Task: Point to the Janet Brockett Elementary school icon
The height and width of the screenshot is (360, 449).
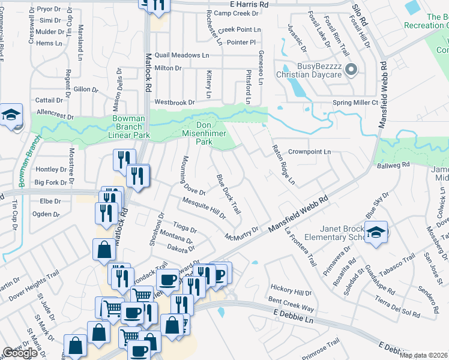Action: coord(376,232)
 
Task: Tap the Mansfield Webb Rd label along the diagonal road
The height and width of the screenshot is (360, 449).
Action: coord(298,214)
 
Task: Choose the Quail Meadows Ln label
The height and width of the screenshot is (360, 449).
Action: coord(182,55)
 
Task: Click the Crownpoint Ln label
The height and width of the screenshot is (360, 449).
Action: coord(309,152)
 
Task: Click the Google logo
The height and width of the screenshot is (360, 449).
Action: coord(20,353)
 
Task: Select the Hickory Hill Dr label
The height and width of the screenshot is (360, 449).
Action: coord(291,293)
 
